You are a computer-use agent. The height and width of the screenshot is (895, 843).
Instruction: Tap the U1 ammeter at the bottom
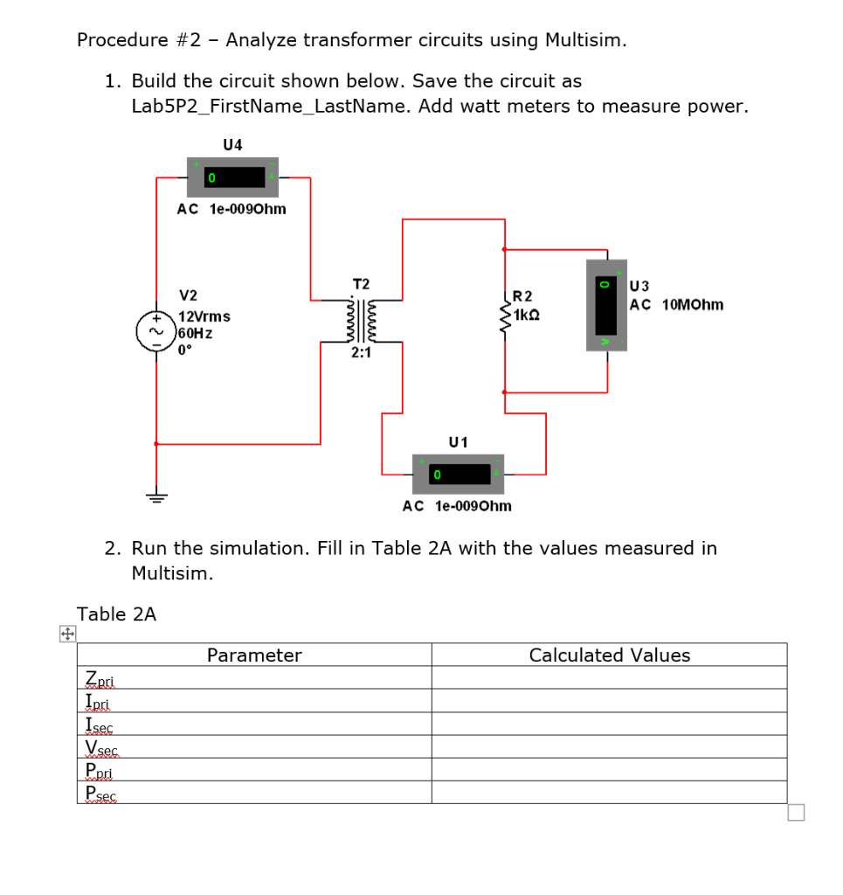tap(458, 474)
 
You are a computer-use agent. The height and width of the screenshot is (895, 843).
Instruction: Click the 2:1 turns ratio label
tap(361, 353)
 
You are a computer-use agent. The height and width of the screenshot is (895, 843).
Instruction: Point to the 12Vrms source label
tap(204, 316)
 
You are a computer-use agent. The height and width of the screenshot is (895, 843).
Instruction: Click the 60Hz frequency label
tap(196, 333)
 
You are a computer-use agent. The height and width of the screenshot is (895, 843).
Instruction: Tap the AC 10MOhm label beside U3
tap(677, 304)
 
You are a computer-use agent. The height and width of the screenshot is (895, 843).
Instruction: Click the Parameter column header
tap(254, 656)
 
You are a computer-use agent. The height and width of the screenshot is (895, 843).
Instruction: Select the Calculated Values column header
tap(609, 656)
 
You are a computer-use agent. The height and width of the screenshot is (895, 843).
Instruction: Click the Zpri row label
tap(100, 678)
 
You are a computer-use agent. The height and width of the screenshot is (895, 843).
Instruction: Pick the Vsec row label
tap(101, 747)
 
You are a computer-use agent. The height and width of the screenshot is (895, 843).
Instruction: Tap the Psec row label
tap(101, 793)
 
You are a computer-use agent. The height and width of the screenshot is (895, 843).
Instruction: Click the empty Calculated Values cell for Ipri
tap(609, 702)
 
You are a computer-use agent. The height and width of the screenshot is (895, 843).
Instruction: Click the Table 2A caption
tap(116, 614)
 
